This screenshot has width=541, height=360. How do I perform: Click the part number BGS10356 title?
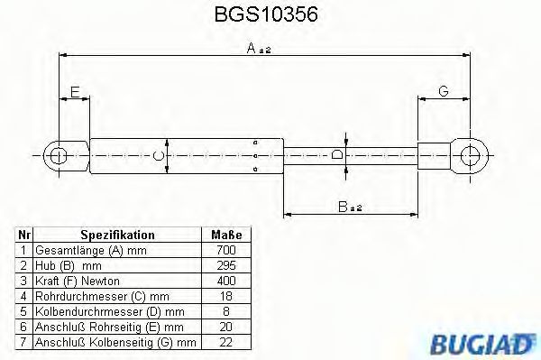coord(270,15)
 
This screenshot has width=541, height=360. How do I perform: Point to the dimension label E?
coord(75,91)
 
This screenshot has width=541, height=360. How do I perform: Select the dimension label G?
coord(444,91)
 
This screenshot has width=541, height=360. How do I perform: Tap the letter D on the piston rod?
coord(336,155)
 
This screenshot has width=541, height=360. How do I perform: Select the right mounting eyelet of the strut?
coord(469,155)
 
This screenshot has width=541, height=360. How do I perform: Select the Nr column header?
coord(24,234)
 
